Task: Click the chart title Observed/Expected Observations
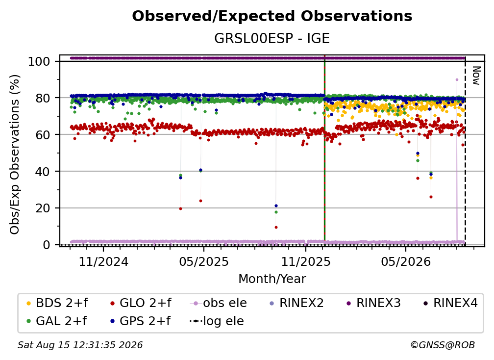[x=272, y=16]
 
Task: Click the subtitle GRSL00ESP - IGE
[x=272, y=38]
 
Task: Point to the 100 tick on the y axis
[x=39, y=61]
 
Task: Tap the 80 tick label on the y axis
[x=43, y=98]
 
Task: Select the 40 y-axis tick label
[x=43, y=172]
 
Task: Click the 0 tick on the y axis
[x=47, y=245]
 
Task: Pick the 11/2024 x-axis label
[x=103, y=262]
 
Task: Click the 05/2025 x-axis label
[x=204, y=262]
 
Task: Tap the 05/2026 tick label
[x=406, y=262]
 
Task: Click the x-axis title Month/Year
[x=272, y=279]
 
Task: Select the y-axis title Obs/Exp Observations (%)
[x=15, y=154]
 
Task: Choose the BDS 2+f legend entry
[x=57, y=303]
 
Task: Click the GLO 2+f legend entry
[x=141, y=303]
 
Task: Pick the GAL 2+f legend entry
[x=57, y=321]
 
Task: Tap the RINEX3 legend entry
[x=373, y=303]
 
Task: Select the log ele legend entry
[x=217, y=321]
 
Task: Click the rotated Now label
[x=476, y=76]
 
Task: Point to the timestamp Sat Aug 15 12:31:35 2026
[x=80, y=345]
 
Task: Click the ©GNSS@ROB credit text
[x=443, y=345]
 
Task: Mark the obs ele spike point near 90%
[x=457, y=80]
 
